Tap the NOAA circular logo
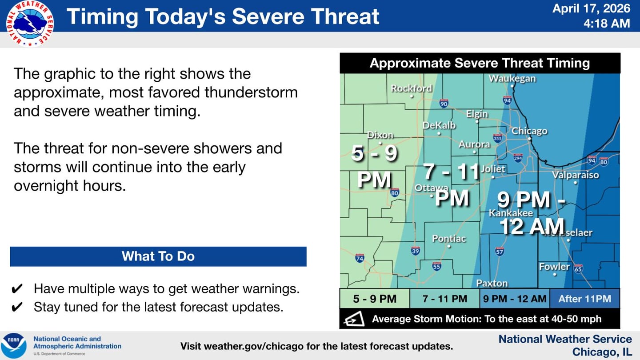(14, 346)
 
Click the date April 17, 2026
(591, 8)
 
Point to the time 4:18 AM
(607, 24)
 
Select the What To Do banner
(158, 256)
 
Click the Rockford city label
(411, 88)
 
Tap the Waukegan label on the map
(512, 79)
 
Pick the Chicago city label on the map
(529, 131)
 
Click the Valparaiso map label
(575, 175)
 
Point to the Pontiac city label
(449, 239)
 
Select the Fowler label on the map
(554, 267)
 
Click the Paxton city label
(492, 283)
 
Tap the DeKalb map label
(439, 126)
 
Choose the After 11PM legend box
(584, 299)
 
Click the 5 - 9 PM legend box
(375, 299)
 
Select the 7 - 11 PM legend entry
(444, 299)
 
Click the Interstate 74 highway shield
(360, 258)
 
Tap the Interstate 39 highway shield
(416, 251)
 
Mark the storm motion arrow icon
(354, 319)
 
